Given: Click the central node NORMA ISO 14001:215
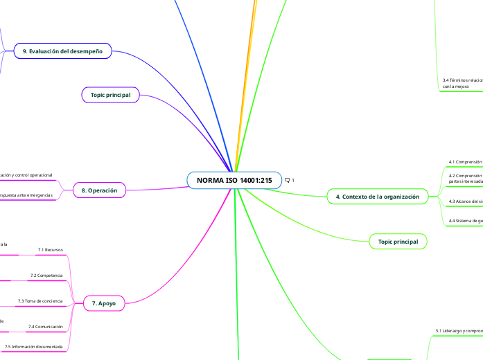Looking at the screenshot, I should (x=234, y=181).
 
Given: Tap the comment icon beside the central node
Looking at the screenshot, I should (x=289, y=181).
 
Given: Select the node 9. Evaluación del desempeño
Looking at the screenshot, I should (x=62, y=51).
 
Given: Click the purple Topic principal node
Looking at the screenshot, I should (x=111, y=94).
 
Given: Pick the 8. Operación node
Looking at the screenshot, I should (x=99, y=190).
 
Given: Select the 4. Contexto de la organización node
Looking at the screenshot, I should (x=377, y=197).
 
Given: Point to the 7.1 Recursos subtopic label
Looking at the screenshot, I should (x=51, y=249).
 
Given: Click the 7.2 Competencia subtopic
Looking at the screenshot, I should (x=46, y=276).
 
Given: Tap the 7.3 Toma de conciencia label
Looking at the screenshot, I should (x=40, y=301).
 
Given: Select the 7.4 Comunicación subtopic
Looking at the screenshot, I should (x=45, y=326).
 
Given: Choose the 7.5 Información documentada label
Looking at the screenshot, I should (x=33, y=346).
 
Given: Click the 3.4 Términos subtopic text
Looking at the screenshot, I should (x=462, y=83).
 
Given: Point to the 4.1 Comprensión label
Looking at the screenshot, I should (x=465, y=162).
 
